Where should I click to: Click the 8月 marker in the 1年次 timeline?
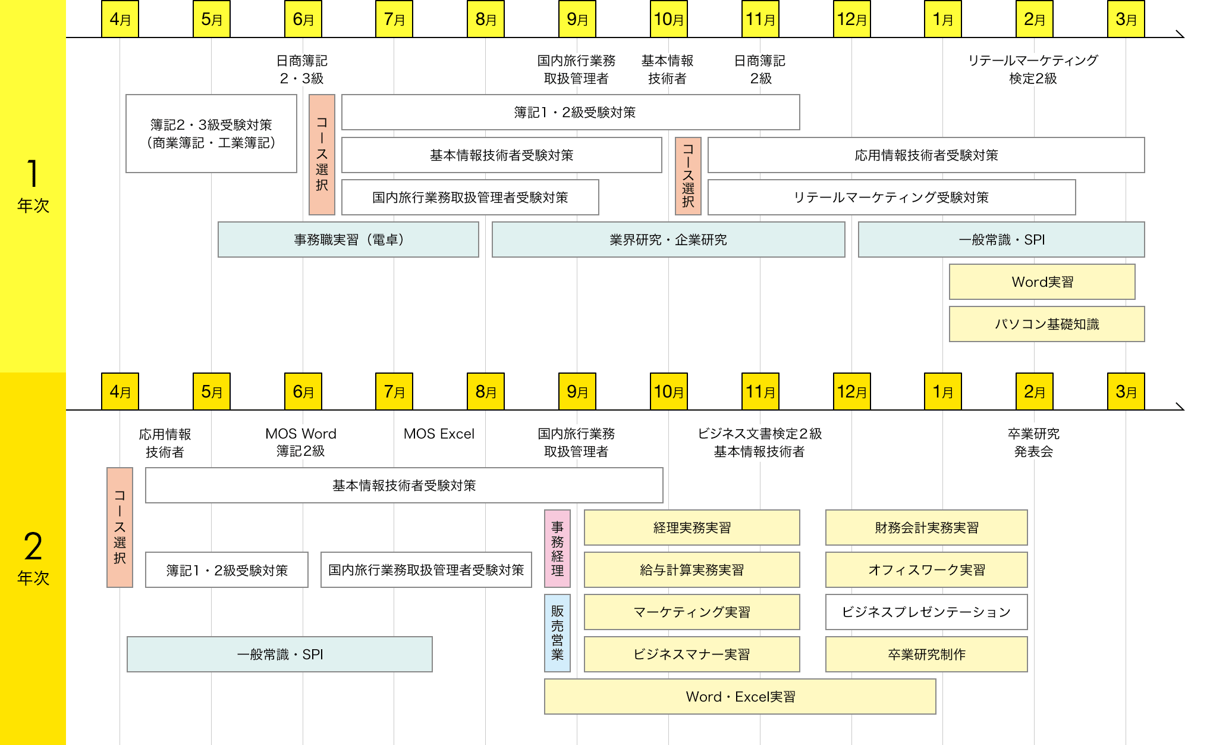pyautogui.click(x=486, y=19)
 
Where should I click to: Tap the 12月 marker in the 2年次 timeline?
pyautogui.click(x=851, y=392)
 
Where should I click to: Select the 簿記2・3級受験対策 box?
pyautogui.click(x=211, y=134)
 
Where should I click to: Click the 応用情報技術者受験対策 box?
pyautogui.click(x=926, y=155)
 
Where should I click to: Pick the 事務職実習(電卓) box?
pyautogui.click(x=348, y=240)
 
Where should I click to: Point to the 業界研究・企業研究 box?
pyautogui.click(x=668, y=240)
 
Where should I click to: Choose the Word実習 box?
pyautogui.click(x=1042, y=282)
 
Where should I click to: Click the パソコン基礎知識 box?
pyautogui.click(x=1046, y=324)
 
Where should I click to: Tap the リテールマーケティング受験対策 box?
pyautogui.click(x=891, y=198)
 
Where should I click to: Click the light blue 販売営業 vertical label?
pyautogui.click(x=557, y=633)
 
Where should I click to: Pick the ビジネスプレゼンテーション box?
pyautogui.click(x=926, y=612)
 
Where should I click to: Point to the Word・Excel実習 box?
pyautogui.click(x=740, y=697)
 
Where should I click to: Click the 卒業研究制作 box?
pyautogui.click(x=926, y=655)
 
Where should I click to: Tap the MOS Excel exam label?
pyautogui.click(x=439, y=434)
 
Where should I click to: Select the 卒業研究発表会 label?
pyautogui.click(x=1033, y=443)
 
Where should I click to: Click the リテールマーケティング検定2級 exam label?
pyautogui.click(x=1033, y=69)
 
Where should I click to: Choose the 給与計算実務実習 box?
pyautogui.click(x=692, y=570)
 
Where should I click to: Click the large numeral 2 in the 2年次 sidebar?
pyautogui.click(x=33, y=546)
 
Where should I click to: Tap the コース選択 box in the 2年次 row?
pyautogui.click(x=120, y=527)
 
